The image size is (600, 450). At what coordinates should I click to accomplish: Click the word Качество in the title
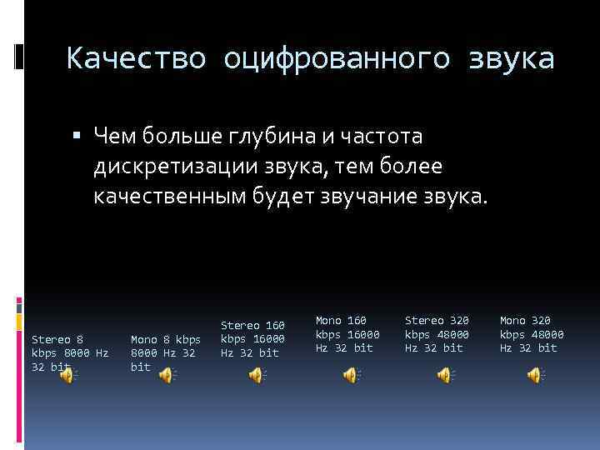coord(138,59)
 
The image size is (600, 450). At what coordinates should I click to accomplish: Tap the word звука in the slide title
coord(507,59)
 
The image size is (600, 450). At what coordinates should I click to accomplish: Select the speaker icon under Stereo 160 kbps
coord(255,376)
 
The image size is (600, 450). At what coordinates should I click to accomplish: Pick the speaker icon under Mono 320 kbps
coord(534,376)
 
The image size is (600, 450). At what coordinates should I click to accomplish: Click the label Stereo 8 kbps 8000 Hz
coord(69,352)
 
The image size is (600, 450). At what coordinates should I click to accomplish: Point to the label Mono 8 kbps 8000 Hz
coord(166,352)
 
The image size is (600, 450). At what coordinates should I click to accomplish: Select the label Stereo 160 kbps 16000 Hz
coord(252,338)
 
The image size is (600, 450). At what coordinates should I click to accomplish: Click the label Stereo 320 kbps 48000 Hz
coord(437,334)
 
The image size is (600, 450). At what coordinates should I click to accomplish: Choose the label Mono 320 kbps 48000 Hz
coord(532,334)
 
